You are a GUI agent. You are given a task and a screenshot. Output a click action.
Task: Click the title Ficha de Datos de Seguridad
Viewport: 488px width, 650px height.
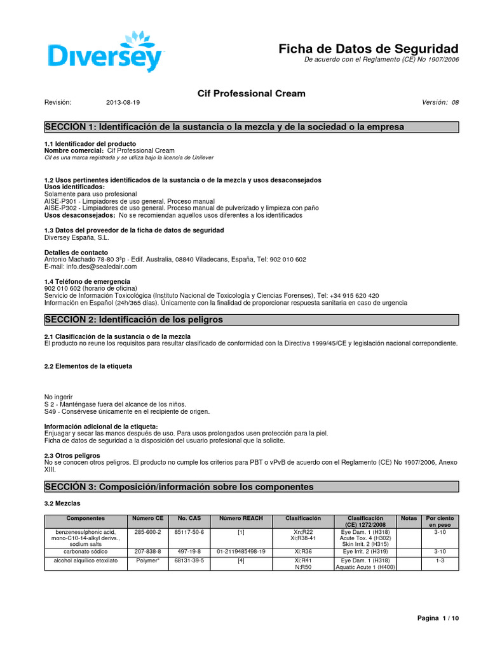[x=369, y=49]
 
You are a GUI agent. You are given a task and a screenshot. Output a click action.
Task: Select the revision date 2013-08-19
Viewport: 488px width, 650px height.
[x=123, y=102]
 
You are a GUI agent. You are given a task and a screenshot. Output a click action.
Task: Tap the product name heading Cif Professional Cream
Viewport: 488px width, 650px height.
[x=252, y=93]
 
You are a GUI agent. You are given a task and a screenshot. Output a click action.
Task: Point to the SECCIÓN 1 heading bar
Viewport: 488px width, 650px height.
[x=251, y=127]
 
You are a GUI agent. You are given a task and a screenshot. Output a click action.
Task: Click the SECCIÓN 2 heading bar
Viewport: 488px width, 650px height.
[x=251, y=319]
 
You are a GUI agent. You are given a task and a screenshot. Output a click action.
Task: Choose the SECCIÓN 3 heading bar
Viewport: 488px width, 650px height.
[x=251, y=487]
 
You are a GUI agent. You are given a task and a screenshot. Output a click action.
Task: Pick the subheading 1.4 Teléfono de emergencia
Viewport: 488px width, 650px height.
[x=87, y=281]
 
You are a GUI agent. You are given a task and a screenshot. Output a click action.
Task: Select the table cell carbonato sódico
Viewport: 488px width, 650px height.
[x=80, y=552]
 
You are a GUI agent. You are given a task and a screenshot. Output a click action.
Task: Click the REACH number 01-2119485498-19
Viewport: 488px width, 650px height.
[x=241, y=552]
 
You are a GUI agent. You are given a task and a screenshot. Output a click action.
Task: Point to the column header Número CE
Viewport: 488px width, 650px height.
[x=147, y=519]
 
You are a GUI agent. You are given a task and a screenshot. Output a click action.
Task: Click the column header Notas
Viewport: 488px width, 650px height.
[x=409, y=519]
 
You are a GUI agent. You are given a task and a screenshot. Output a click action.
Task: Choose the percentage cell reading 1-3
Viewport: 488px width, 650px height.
[x=440, y=560]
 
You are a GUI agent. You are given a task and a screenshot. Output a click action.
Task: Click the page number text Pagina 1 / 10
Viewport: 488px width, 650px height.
[x=437, y=618]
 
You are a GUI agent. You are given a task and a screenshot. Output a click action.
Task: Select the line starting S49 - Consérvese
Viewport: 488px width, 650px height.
[x=118, y=411]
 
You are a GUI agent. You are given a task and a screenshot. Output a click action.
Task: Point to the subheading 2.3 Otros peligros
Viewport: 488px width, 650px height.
[x=72, y=455]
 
